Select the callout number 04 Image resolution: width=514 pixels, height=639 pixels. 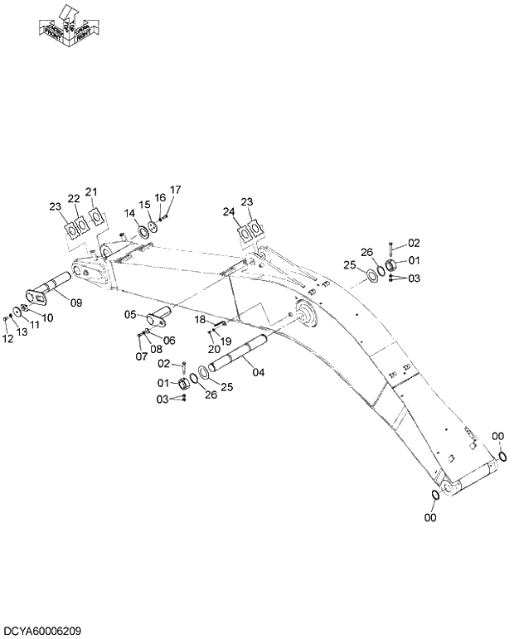coord(258,372)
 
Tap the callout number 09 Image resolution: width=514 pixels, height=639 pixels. coord(75,303)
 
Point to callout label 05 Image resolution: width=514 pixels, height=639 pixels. coord(130,314)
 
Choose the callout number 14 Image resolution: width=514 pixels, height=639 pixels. coord(129,213)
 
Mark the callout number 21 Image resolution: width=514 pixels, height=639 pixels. coord(91,193)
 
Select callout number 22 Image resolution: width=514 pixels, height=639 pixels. coord(74,198)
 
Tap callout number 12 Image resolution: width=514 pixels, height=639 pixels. coord(7,338)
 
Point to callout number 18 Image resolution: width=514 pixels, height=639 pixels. coord(200,319)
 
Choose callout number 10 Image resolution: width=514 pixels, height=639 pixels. coord(47,317)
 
